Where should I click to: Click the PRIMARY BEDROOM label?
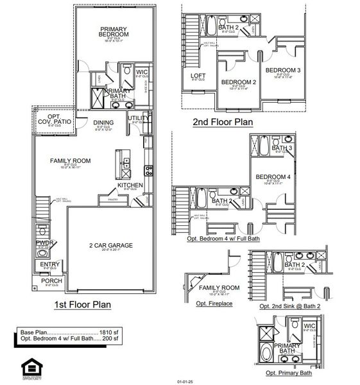pos(114,31)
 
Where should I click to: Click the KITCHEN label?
pos(129,185)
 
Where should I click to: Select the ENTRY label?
pos(49,264)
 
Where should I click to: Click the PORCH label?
pos(51,280)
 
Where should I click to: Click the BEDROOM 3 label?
pos(283,70)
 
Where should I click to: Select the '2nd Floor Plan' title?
pos(223,121)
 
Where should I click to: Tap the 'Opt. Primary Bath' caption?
pos(286,373)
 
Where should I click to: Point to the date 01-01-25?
pos(185,381)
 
